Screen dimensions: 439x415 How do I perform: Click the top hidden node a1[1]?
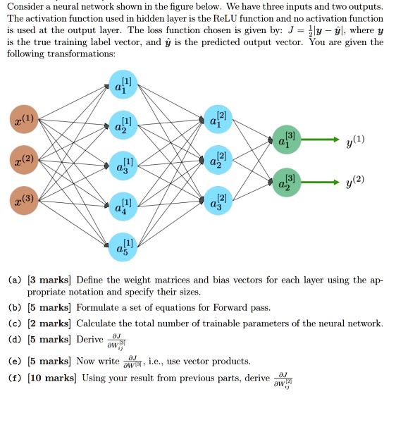[123, 85]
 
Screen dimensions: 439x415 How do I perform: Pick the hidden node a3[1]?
[123, 166]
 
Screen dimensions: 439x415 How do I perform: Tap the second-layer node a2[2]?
[216, 160]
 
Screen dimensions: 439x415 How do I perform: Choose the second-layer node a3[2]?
[216, 200]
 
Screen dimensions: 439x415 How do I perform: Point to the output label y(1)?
[355, 140]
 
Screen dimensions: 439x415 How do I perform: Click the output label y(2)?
[355, 181]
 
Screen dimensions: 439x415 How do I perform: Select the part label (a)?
[15, 280]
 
